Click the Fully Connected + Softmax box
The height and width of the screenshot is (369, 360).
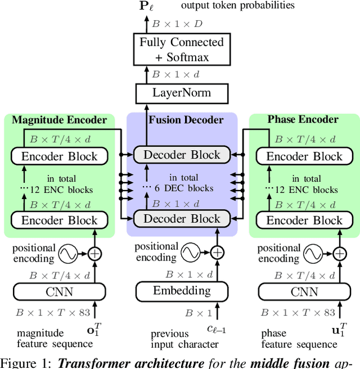click(182, 49)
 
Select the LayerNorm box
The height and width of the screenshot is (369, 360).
click(182, 92)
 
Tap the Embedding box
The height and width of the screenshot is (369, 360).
click(182, 291)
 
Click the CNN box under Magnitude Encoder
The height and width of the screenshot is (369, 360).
click(60, 291)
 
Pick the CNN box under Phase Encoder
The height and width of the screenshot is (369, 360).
click(304, 291)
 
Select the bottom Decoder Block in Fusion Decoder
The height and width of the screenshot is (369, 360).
click(182, 219)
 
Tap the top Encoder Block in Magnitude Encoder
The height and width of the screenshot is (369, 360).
click(60, 156)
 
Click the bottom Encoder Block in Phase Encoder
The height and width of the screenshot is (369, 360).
click(304, 220)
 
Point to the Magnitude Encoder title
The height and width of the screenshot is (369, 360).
click(59, 119)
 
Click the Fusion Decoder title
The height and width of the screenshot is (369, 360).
click(186, 119)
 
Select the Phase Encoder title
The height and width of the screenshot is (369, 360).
click(303, 119)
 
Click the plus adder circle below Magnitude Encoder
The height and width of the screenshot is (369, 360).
click(95, 254)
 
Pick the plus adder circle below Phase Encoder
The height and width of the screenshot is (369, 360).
click(339, 254)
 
